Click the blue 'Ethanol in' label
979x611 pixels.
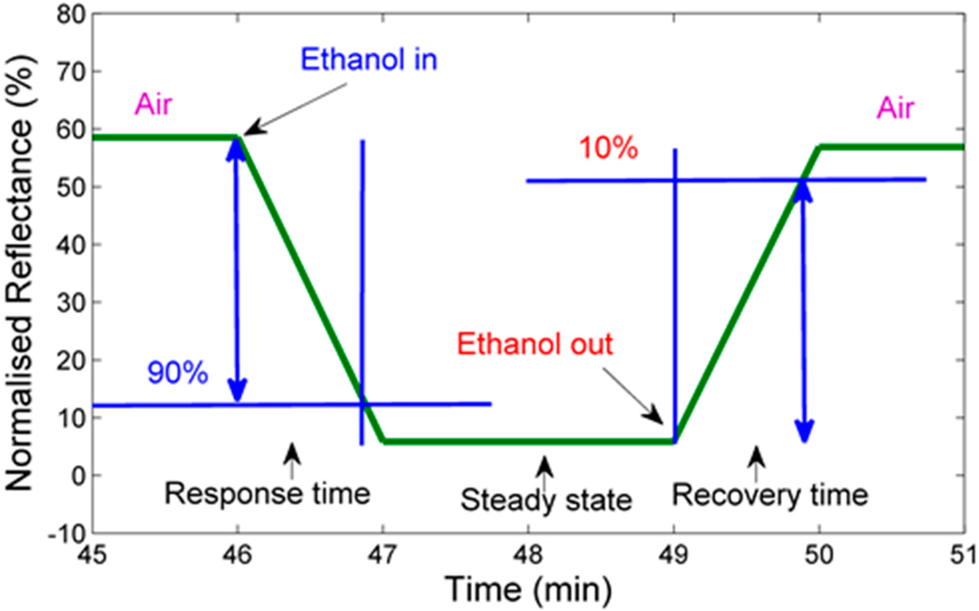[369, 60]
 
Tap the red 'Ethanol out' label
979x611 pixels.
[535, 345]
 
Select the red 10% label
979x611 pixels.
[609, 148]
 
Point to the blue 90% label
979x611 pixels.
[177, 373]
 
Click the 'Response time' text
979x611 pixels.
[267, 494]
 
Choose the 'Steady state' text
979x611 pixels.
[546, 500]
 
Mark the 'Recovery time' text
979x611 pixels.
[770, 495]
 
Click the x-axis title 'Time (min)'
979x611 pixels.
[529, 589]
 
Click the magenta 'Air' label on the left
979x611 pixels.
[154, 105]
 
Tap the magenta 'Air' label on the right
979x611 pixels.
[896, 108]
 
